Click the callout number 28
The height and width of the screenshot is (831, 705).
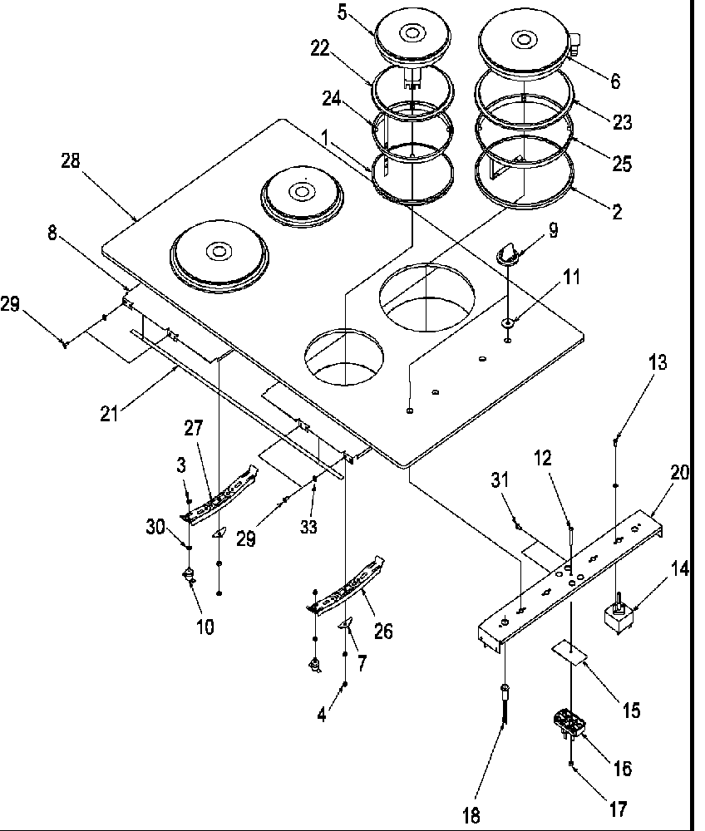tap(70, 161)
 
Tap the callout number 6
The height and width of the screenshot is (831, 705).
tap(614, 81)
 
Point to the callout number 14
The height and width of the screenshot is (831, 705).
tap(680, 570)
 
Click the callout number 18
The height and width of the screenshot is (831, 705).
tap(472, 815)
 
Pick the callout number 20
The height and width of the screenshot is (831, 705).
tap(680, 472)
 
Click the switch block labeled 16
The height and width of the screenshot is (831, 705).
tap(570, 725)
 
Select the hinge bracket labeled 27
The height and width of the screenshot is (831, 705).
tap(220, 497)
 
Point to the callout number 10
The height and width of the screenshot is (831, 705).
tap(205, 627)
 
